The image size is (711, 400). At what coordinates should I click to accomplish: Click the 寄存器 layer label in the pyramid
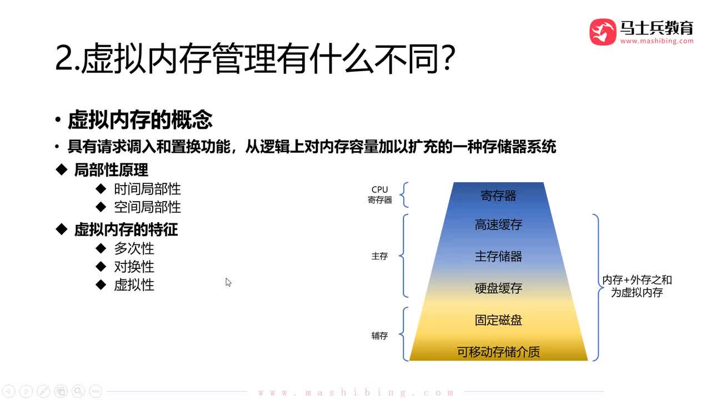click(498, 196)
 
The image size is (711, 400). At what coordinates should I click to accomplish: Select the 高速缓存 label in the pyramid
click(498, 224)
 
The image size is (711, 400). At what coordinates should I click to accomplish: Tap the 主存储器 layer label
click(498, 256)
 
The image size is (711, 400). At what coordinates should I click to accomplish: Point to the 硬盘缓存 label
click(498, 288)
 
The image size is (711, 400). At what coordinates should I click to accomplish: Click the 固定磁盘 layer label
click(498, 320)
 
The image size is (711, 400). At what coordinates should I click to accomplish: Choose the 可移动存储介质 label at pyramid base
click(498, 352)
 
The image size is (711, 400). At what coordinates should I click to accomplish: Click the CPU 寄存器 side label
click(380, 195)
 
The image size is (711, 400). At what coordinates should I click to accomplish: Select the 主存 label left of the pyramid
click(379, 257)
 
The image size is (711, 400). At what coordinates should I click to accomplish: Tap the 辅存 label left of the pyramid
click(379, 336)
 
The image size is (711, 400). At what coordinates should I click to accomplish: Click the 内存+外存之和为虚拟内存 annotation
click(637, 286)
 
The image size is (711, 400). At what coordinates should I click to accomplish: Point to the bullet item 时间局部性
click(147, 189)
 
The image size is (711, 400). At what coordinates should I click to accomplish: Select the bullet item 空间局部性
click(147, 207)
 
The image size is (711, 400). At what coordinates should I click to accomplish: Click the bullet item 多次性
click(134, 248)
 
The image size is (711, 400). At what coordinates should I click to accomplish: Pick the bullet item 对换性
click(134, 267)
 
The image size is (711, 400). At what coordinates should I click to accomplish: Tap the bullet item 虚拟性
click(134, 285)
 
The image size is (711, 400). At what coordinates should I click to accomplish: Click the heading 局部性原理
click(111, 169)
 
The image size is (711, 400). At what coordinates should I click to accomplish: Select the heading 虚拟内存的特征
click(126, 229)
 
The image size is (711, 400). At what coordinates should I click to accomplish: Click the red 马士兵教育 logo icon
click(603, 32)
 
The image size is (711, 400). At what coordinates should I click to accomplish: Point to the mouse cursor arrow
click(228, 282)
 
